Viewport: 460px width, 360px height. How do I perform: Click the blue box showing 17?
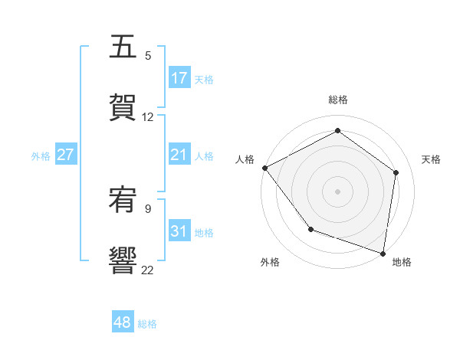point(179,78)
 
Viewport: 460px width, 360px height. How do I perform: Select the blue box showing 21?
point(179,155)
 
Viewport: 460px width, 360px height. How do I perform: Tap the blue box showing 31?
point(179,231)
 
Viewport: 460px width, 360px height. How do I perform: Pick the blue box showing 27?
point(65,155)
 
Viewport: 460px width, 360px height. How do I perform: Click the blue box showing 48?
point(122,322)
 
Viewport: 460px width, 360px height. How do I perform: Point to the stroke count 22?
point(147,270)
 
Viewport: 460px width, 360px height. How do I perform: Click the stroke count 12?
point(148,117)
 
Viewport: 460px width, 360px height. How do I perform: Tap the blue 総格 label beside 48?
point(147,324)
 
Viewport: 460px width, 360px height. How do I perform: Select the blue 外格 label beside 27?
point(41,156)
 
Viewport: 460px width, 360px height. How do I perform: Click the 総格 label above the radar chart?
point(337,100)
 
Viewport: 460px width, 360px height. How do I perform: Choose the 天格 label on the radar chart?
point(432,159)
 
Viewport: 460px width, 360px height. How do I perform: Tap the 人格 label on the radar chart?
point(245,159)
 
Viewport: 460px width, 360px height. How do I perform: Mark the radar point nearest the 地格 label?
point(383,253)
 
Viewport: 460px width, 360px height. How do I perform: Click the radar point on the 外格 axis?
point(310,228)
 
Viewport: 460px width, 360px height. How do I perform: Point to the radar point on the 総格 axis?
point(337,131)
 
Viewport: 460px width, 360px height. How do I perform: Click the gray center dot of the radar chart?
point(337,191)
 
